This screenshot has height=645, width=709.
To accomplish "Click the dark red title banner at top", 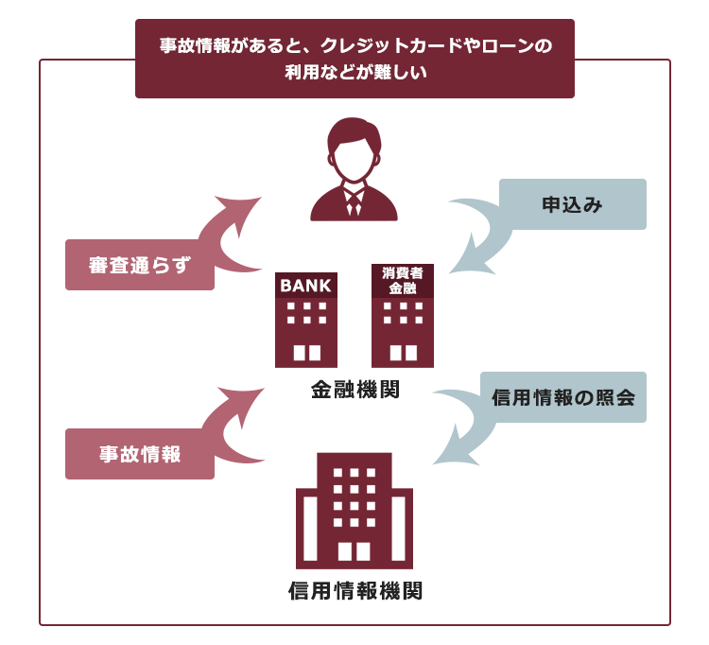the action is (x=354, y=59).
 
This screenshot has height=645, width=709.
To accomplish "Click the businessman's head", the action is (x=354, y=149).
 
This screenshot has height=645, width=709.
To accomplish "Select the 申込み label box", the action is (x=573, y=204).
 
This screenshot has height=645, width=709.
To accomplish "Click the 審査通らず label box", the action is (x=140, y=265).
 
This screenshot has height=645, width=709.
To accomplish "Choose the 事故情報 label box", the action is (x=140, y=454).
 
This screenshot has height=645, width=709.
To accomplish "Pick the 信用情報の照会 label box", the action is (x=563, y=397).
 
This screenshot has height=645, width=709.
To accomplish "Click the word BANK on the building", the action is (x=305, y=286).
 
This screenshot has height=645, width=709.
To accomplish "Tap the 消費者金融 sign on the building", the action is (x=403, y=281).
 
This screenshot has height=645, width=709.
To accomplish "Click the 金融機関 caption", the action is (x=355, y=390).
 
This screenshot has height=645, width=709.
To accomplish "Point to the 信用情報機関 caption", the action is (x=355, y=590).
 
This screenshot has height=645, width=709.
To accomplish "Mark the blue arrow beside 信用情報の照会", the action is (x=470, y=427).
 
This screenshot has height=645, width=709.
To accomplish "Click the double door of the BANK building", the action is (x=307, y=353).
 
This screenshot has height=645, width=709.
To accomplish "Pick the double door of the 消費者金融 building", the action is (x=404, y=353).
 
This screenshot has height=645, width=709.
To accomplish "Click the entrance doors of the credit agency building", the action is (x=354, y=551).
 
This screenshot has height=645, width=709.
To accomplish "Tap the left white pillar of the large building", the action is (x=310, y=529).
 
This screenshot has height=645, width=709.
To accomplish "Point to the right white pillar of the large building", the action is (x=398, y=529).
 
